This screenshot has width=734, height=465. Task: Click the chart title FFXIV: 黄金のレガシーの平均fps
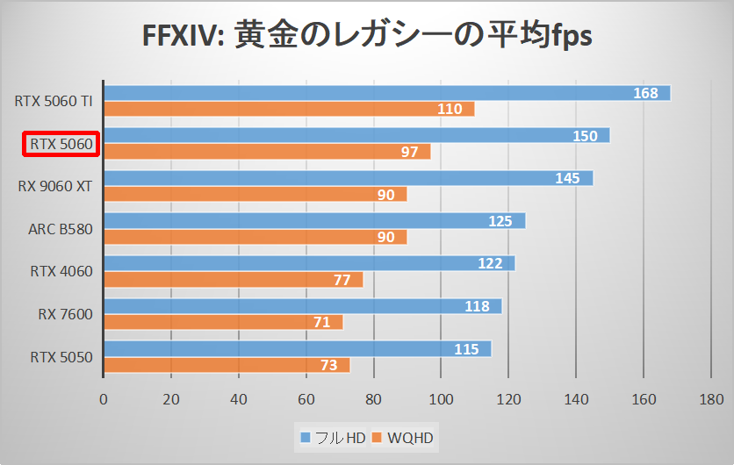(x=367, y=36)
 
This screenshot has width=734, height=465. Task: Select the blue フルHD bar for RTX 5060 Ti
(x=386, y=93)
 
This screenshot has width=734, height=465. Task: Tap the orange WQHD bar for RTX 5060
(x=267, y=152)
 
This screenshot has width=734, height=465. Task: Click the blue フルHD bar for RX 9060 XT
(x=348, y=178)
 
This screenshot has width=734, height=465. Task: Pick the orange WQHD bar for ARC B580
(x=255, y=237)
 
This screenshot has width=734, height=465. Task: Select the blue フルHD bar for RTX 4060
(x=309, y=263)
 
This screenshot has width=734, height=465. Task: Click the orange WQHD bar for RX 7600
(x=223, y=322)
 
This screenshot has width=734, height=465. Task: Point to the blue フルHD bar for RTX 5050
(x=297, y=349)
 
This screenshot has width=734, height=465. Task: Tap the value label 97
(x=409, y=152)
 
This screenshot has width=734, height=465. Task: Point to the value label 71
(x=321, y=322)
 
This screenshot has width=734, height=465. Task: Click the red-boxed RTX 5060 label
(x=61, y=144)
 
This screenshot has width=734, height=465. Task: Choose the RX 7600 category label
(x=65, y=314)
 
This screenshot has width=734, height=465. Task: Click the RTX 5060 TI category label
(x=54, y=101)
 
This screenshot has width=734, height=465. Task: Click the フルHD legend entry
(x=335, y=437)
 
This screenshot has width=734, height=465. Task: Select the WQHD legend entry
(x=404, y=437)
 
